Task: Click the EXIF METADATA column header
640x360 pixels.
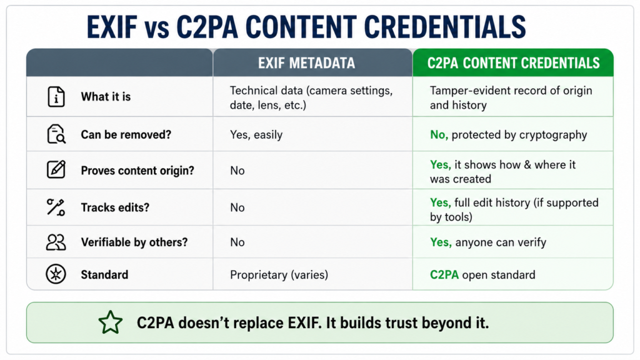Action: (306, 63)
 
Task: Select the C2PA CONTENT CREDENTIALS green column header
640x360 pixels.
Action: (514, 63)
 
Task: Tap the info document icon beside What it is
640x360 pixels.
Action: (56, 97)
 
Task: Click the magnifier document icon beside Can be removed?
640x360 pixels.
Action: (56, 134)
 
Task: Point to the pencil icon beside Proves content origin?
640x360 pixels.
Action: (56, 169)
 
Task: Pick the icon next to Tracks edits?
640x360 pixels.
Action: (56, 207)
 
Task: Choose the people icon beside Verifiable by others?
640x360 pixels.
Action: (56, 242)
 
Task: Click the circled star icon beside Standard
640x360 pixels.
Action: (56, 274)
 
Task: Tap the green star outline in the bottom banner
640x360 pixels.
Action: (110, 322)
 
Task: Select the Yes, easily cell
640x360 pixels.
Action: (256, 135)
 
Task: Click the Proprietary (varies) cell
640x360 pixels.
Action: (279, 275)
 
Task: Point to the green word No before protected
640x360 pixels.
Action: (439, 135)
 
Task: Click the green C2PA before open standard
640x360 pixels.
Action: (444, 275)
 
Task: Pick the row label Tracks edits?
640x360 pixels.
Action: (115, 207)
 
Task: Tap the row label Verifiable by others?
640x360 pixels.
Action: (134, 242)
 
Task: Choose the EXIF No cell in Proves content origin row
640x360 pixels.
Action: (237, 171)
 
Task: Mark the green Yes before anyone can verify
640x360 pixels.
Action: (441, 242)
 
